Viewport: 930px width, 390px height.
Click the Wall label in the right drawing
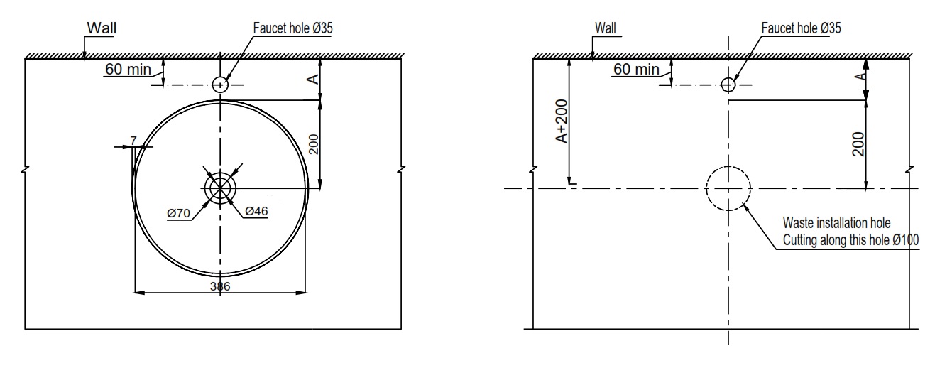606,28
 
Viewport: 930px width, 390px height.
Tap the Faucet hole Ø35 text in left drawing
292,28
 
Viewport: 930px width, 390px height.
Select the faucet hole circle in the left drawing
220,85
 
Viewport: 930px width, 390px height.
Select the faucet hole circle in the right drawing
728,85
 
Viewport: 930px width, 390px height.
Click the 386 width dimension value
221,286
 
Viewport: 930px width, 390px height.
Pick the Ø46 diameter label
256,212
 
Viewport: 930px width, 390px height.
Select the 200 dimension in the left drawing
315,143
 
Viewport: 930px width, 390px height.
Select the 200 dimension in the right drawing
860,143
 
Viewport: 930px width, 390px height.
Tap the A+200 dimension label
562,125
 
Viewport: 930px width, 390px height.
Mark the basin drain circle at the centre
220,188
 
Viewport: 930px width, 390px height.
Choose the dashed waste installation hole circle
728,188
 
